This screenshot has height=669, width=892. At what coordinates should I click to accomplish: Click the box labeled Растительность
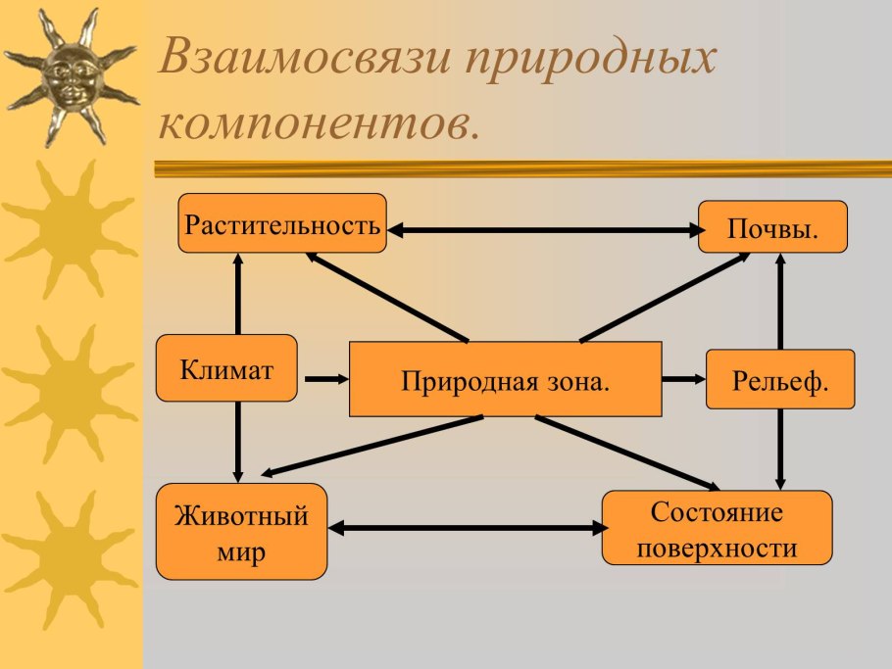pyautogui.click(x=281, y=224)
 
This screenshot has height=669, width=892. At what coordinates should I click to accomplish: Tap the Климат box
pyautogui.click(x=226, y=368)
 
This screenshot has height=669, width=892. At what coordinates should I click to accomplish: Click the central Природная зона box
pyautogui.click(x=505, y=379)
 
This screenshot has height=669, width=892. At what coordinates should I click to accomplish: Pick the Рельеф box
pyautogui.click(x=780, y=379)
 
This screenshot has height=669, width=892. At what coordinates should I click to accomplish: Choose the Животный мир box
pyautogui.click(x=241, y=532)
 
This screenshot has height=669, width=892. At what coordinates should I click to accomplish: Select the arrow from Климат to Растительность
pyautogui.click(x=237, y=294)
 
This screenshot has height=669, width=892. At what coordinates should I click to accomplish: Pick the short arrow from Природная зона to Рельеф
pyautogui.click(x=683, y=378)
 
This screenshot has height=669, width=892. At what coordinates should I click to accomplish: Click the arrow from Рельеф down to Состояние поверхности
pyautogui.click(x=781, y=449)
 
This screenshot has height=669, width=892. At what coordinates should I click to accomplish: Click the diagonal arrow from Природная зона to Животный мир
pyautogui.click(x=372, y=446)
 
